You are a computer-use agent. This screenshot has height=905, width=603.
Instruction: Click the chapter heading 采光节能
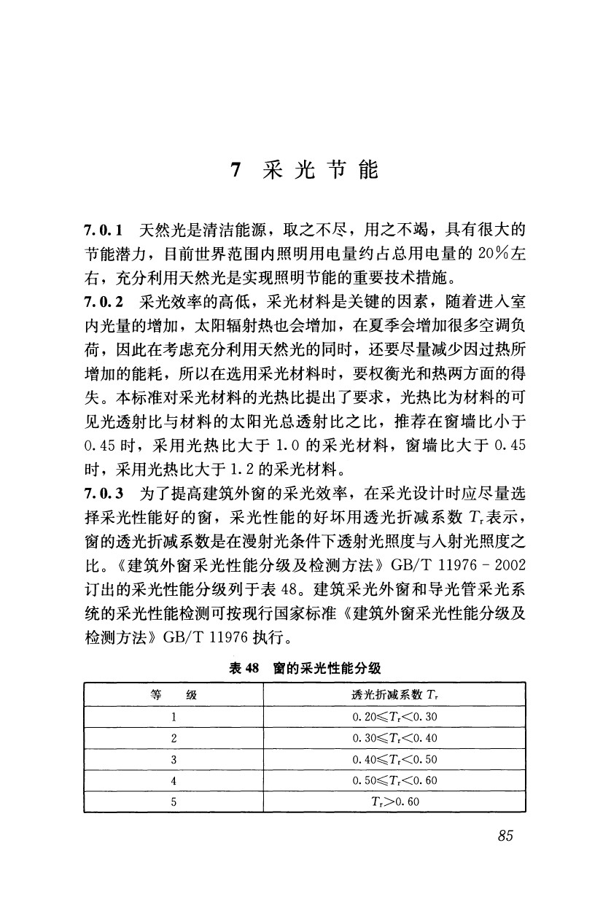[x=319, y=171]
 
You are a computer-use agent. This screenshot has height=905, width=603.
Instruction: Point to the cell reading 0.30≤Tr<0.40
[x=394, y=738]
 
